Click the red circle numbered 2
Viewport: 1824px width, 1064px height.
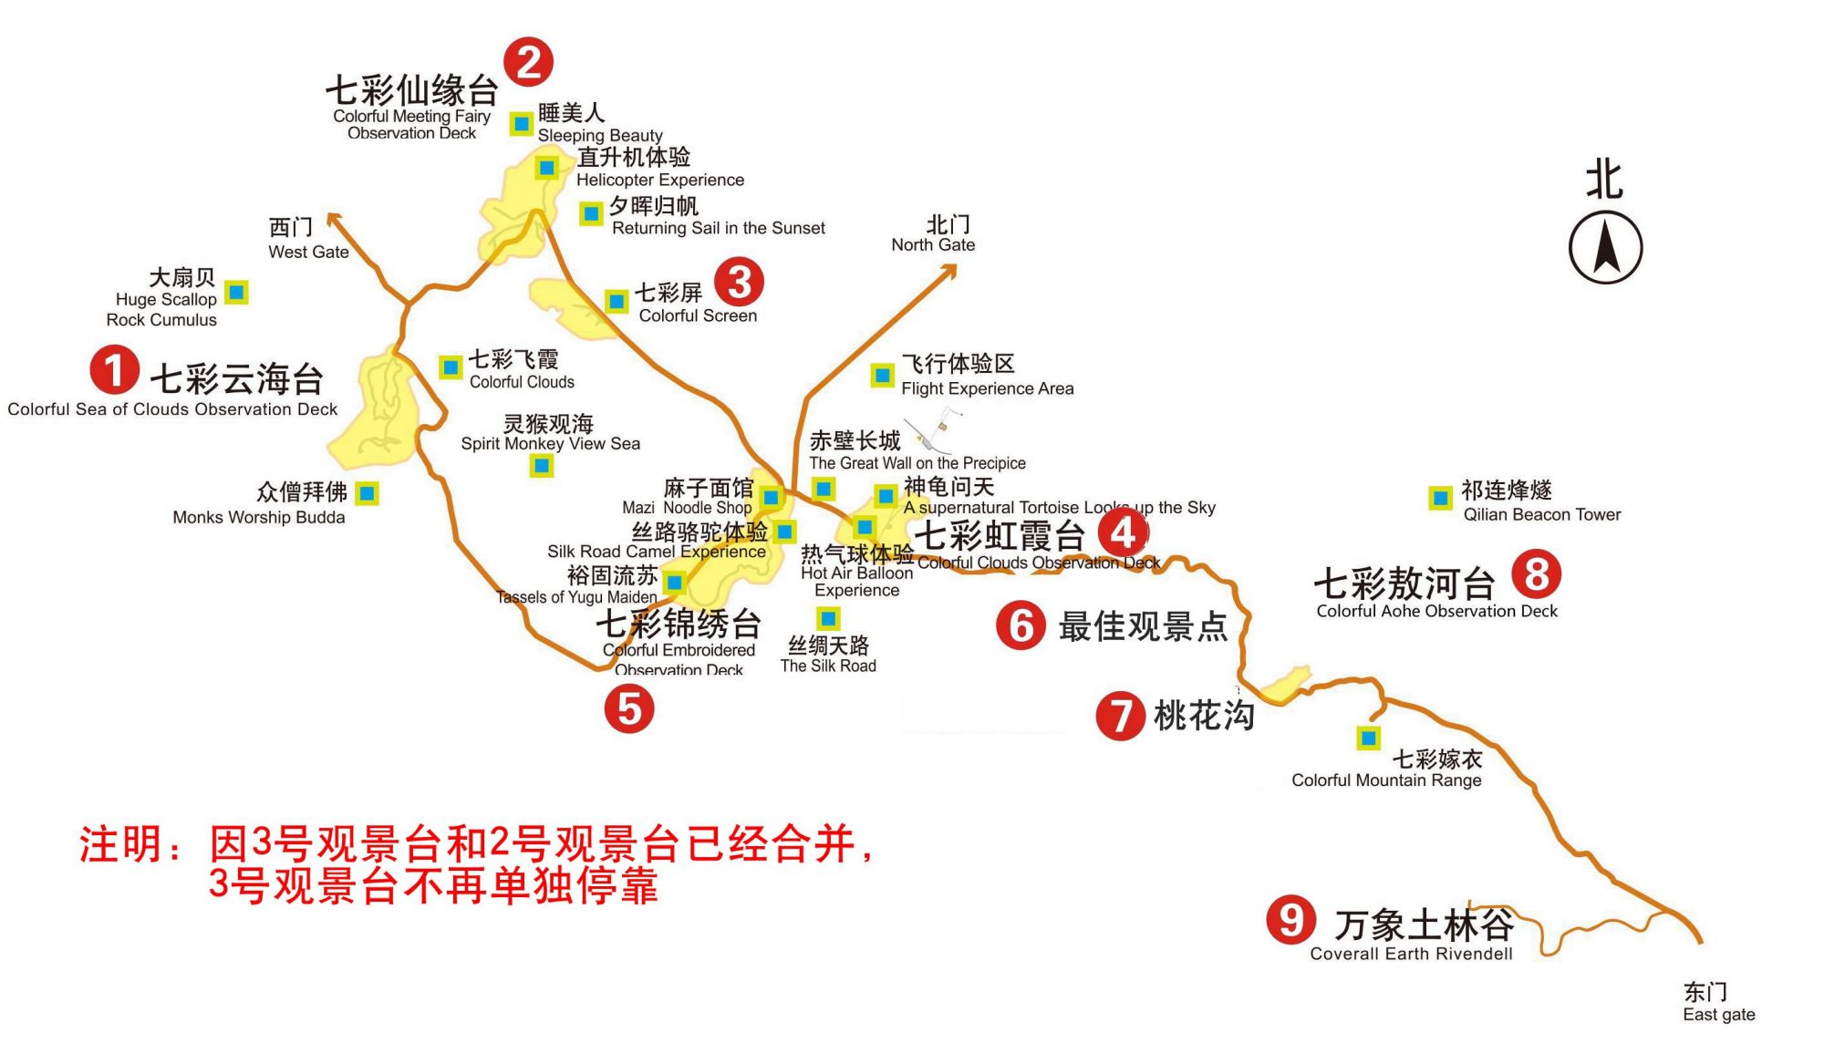[x=529, y=62]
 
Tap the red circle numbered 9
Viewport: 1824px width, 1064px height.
[x=1290, y=920]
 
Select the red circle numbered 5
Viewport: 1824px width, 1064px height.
[x=629, y=708]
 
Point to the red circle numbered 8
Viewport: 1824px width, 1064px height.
[x=1536, y=574]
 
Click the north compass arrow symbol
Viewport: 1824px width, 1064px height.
[x=1605, y=247]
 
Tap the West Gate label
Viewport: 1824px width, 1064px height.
[x=308, y=252]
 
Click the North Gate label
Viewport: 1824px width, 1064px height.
[x=933, y=244]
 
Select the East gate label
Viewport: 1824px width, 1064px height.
[x=1718, y=1014]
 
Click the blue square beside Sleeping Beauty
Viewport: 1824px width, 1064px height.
[x=522, y=123]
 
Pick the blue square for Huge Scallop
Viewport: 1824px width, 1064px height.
[x=237, y=293]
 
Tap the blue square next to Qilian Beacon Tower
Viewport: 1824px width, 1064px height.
[x=1440, y=498]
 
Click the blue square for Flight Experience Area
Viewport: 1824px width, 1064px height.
[x=882, y=375]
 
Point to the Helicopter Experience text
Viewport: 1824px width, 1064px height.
[x=659, y=180]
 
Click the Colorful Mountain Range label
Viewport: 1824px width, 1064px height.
[x=1386, y=780]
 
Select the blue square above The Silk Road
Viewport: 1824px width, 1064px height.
[x=828, y=619]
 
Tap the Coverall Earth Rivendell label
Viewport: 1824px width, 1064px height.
[x=1411, y=954]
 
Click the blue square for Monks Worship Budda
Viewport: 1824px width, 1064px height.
[x=367, y=493]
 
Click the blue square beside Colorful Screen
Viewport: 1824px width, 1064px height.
[x=617, y=301]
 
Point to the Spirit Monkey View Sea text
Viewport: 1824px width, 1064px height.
[x=550, y=443]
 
